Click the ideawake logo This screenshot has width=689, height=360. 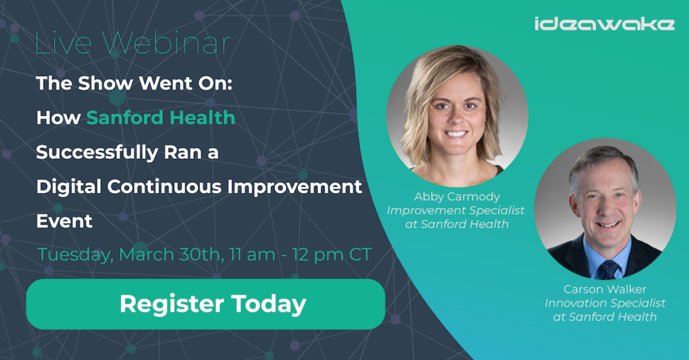(604, 24)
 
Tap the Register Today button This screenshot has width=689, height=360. (206, 304)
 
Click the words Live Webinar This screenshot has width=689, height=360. (133, 43)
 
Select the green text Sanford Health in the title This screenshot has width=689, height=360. (161, 118)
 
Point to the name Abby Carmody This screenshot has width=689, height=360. (457, 196)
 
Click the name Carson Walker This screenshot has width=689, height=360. (605, 289)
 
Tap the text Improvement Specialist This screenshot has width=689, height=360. (456, 211)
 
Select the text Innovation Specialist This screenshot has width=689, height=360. (605, 303)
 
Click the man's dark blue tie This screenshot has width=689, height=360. (608, 269)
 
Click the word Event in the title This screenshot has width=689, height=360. (64, 221)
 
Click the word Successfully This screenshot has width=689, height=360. (97, 153)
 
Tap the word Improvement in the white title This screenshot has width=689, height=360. (295, 187)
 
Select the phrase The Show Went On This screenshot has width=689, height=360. (134, 83)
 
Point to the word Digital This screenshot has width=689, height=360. (69, 187)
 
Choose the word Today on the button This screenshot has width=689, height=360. (269, 304)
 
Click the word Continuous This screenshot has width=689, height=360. (164, 187)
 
